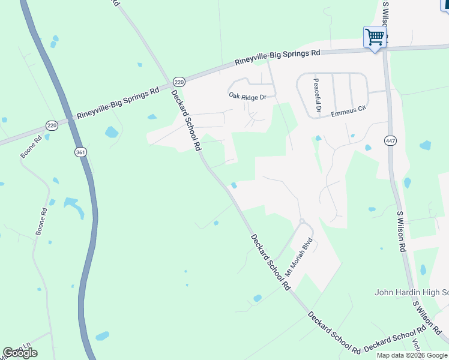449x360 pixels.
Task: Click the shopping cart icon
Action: point(375,38)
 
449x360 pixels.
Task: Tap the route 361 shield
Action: point(80,152)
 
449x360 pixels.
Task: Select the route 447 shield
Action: point(388,140)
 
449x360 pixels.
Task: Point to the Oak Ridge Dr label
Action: point(252,95)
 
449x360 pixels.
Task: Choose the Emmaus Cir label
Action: point(349,111)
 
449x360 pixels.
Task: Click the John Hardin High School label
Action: point(411,293)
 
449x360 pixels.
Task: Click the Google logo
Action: point(20,353)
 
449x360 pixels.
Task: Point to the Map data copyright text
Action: point(412,355)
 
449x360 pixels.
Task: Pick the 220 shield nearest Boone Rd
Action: point(52,125)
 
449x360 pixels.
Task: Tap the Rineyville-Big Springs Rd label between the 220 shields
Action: point(118,103)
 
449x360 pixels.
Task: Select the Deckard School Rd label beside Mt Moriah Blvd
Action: point(270,262)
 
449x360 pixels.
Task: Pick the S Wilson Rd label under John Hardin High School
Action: point(427,318)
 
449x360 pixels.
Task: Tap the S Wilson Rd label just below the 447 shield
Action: point(402,231)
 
